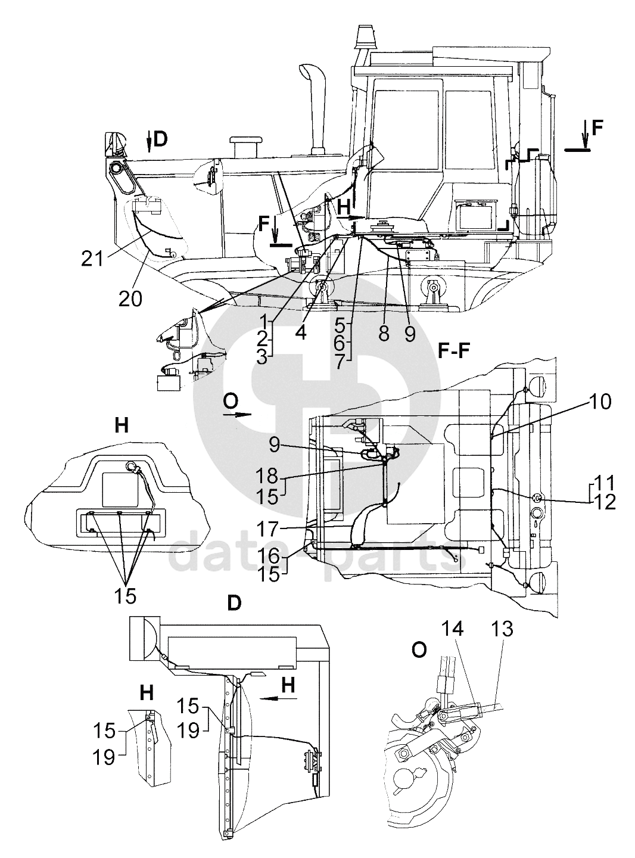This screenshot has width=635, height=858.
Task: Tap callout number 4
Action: (x=301, y=331)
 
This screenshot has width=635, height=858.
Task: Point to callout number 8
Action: (x=384, y=333)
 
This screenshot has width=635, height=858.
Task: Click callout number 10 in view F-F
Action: (x=601, y=402)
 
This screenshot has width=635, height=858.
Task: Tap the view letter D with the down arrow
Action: (x=158, y=139)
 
